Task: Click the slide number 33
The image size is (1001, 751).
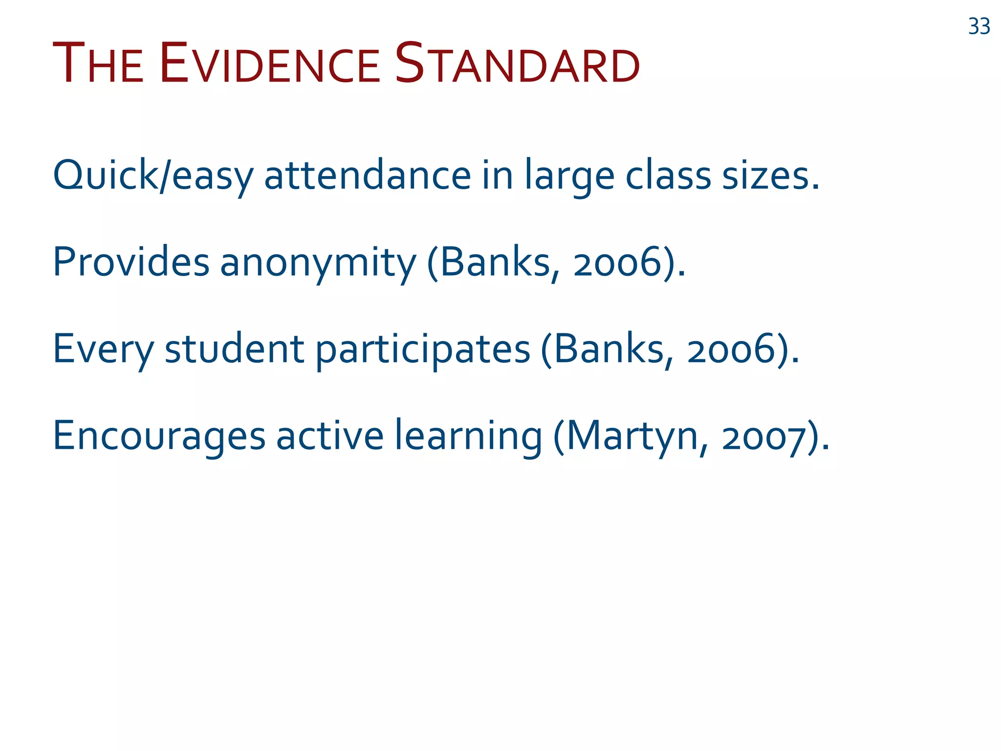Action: [979, 26]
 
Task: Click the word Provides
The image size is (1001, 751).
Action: [131, 262]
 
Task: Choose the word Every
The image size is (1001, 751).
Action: [103, 350]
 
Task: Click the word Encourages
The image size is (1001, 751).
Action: [159, 436]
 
